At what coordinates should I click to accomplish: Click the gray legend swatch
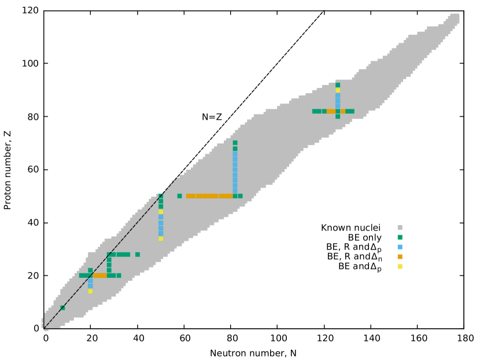pyautogui.click(x=400, y=228)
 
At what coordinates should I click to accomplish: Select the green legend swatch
pyautogui.click(x=400, y=237)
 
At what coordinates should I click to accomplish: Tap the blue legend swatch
pyautogui.click(x=400, y=247)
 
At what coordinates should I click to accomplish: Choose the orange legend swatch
pyautogui.click(x=400, y=257)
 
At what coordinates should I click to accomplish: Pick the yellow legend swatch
pyautogui.click(x=400, y=266)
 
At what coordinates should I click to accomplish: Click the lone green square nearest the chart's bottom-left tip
pyautogui.click(x=62, y=308)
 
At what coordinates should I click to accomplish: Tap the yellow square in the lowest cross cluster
pyautogui.click(x=90, y=291)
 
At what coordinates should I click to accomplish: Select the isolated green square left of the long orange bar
pyautogui.click(x=179, y=196)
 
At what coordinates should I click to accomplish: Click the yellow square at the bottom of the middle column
pyautogui.click(x=161, y=239)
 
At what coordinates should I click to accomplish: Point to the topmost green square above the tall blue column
pyautogui.click(x=235, y=143)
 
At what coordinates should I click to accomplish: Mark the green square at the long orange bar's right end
pyautogui.click(x=240, y=196)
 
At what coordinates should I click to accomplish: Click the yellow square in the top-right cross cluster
pyautogui.click(x=338, y=90)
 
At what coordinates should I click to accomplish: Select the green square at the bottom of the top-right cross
pyautogui.click(x=338, y=117)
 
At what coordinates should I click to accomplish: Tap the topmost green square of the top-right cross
pyautogui.click(x=338, y=85)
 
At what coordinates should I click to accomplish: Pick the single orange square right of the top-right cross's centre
pyautogui.click(x=343, y=112)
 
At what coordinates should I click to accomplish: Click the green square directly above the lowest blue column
pyautogui.click(x=90, y=270)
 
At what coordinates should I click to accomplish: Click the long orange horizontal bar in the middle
pyautogui.click(x=208, y=196)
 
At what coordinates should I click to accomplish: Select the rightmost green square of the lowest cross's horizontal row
pyautogui.click(x=119, y=276)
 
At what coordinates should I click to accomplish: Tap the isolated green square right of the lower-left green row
pyautogui.click(x=138, y=254)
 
